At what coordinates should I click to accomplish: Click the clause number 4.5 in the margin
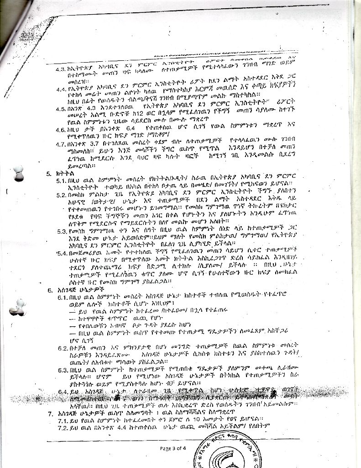pyautogui.click(x=61, y=110)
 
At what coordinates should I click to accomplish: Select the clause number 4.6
pyautogui.click(x=61, y=130)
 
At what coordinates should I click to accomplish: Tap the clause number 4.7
pyautogui.click(x=61, y=144)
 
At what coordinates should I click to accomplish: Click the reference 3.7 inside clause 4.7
pyautogui.click(x=94, y=144)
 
